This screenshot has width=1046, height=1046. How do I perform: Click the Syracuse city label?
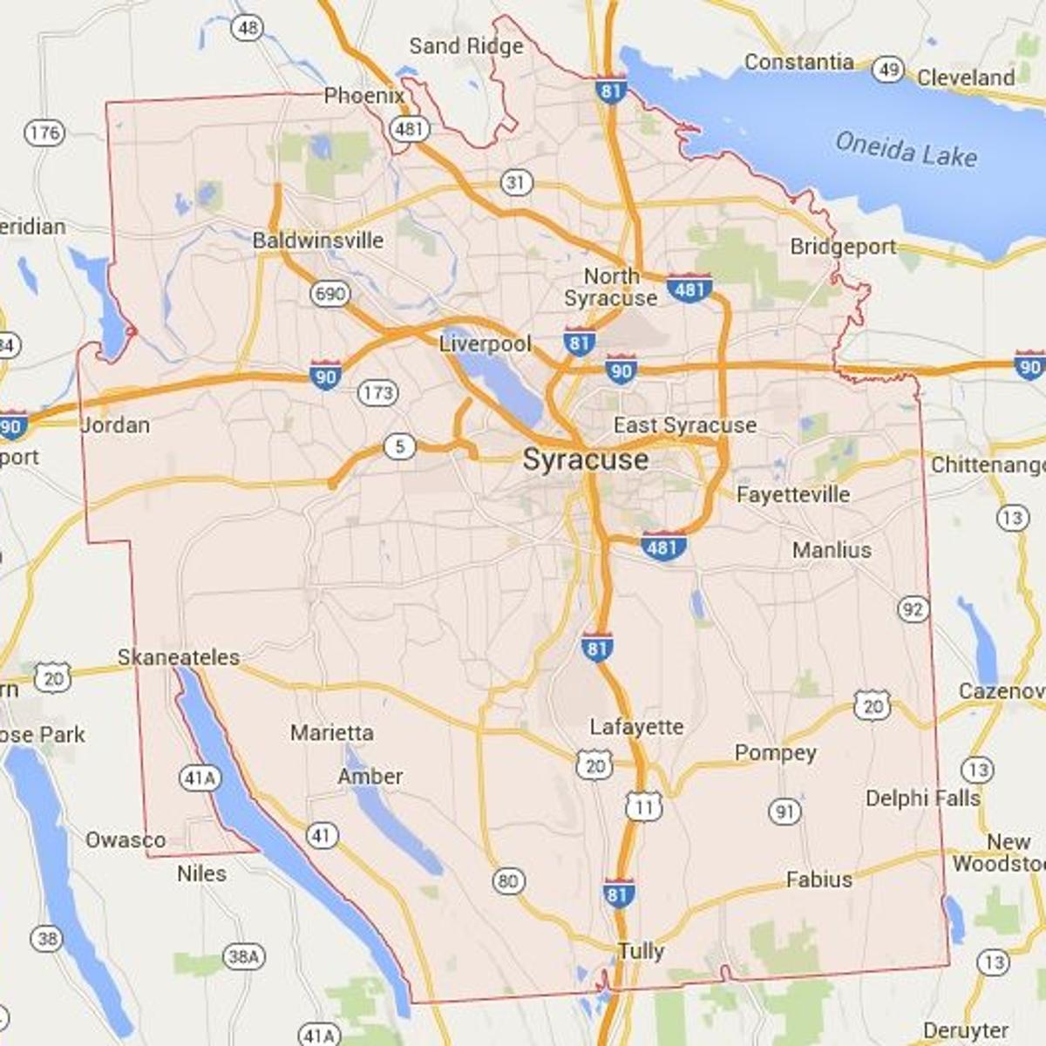coord(586,460)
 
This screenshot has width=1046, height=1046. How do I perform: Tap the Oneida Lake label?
coord(906,150)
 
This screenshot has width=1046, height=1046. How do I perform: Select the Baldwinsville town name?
coord(318,240)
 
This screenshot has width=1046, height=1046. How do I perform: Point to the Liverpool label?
coord(485,343)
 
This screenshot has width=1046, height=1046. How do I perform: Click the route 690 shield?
coord(329,294)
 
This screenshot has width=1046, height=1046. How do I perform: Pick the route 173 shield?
coord(377,393)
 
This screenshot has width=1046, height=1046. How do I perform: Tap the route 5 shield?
coord(399,448)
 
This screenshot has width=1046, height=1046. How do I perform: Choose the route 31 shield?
coord(516,182)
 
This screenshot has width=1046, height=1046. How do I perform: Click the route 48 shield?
coord(248,28)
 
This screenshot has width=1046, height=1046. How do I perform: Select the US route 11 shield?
coord(643,806)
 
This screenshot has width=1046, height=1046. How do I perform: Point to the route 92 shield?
coord(913,609)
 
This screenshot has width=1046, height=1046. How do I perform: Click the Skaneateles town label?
coord(179,657)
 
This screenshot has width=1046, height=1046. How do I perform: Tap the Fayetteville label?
coord(792,495)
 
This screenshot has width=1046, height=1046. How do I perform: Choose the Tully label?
coord(641,951)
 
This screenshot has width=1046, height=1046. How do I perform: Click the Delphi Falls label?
coord(922,798)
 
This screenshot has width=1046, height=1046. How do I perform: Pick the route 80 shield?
coord(508,881)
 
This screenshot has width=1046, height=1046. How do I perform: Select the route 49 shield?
coord(887,70)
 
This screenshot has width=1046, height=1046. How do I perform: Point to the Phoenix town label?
coord(363,95)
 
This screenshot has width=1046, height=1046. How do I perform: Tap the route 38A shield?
coord(243,957)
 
